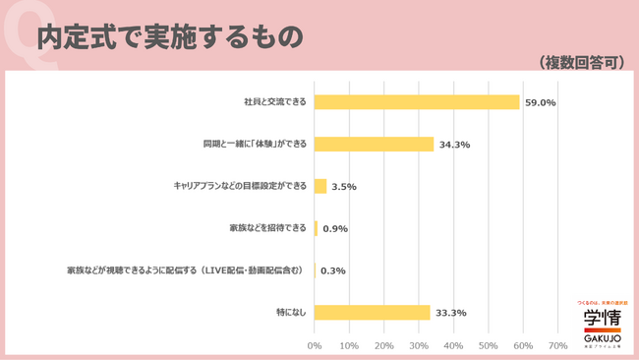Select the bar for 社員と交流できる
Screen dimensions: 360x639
click(x=417, y=102)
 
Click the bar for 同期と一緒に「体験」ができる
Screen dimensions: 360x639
click(x=375, y=145)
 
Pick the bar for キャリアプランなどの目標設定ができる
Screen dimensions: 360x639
click(x=320, y=186)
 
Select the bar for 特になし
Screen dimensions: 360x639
click(x=373, y=313)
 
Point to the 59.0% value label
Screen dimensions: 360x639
click(x=540, y=102)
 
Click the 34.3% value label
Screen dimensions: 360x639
click(x=454, y=145)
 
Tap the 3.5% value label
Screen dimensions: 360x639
click(x=345, y=186)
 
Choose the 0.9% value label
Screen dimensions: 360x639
click(x=335, y=229)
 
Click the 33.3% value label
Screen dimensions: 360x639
click(x=450, y=313)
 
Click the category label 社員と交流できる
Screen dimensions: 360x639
click(x=275, y=102)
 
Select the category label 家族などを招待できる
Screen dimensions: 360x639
click(x=267, y=228)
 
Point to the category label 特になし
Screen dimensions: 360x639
click(x=290, y=313)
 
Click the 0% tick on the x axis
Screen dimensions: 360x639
click(x=315, y=346)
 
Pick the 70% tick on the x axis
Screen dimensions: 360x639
click(x=557, y=346)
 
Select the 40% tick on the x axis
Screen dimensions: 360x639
click(x=453, y=346)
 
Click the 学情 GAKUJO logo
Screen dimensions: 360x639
click(x=601, y=324)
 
